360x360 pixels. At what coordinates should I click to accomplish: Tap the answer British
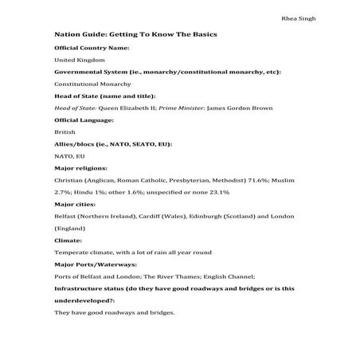65,131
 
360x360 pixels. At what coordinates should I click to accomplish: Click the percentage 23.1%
217,192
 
